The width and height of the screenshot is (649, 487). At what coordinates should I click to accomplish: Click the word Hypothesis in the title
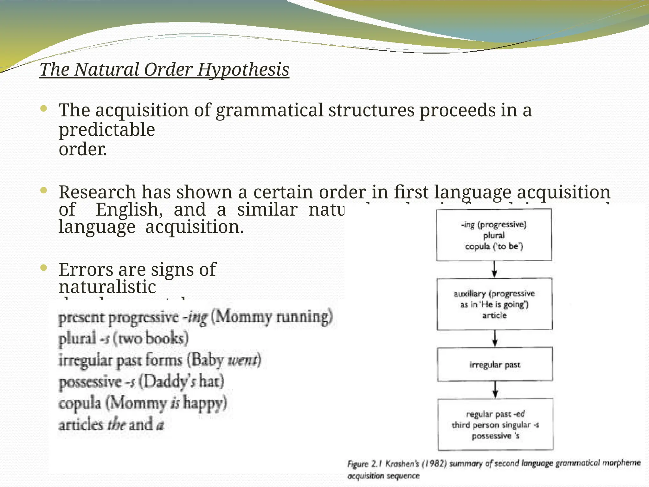(243, 70)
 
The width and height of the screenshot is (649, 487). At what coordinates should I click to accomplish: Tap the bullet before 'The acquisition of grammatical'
(44, 109)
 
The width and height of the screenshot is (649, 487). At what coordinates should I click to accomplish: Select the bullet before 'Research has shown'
(44, 191)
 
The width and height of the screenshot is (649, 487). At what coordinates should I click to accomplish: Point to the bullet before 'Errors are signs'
(44, 268)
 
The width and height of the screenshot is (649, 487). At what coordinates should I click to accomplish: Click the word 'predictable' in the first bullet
(107, 130)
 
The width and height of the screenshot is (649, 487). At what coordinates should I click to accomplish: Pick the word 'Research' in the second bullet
(97, 192)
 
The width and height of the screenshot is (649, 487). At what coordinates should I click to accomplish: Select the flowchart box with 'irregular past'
(495, 364)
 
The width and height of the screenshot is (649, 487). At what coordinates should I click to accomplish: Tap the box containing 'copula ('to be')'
(494, 235)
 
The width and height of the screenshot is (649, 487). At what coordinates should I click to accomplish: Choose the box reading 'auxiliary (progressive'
(494, 304)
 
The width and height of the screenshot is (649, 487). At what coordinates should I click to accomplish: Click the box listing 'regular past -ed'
(495, 425)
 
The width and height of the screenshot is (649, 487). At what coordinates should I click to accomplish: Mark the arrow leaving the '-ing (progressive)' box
(494, 269)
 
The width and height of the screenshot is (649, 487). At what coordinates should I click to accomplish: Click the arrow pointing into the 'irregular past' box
(495, 339)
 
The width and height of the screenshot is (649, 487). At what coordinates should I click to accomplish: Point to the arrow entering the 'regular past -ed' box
(495, 389)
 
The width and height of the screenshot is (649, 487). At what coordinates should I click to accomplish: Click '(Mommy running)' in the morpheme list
(272, 316)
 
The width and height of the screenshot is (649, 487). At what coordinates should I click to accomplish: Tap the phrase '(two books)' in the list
(151, 339)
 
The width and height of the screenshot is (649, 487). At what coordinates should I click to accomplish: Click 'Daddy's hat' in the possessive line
(181, 381)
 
